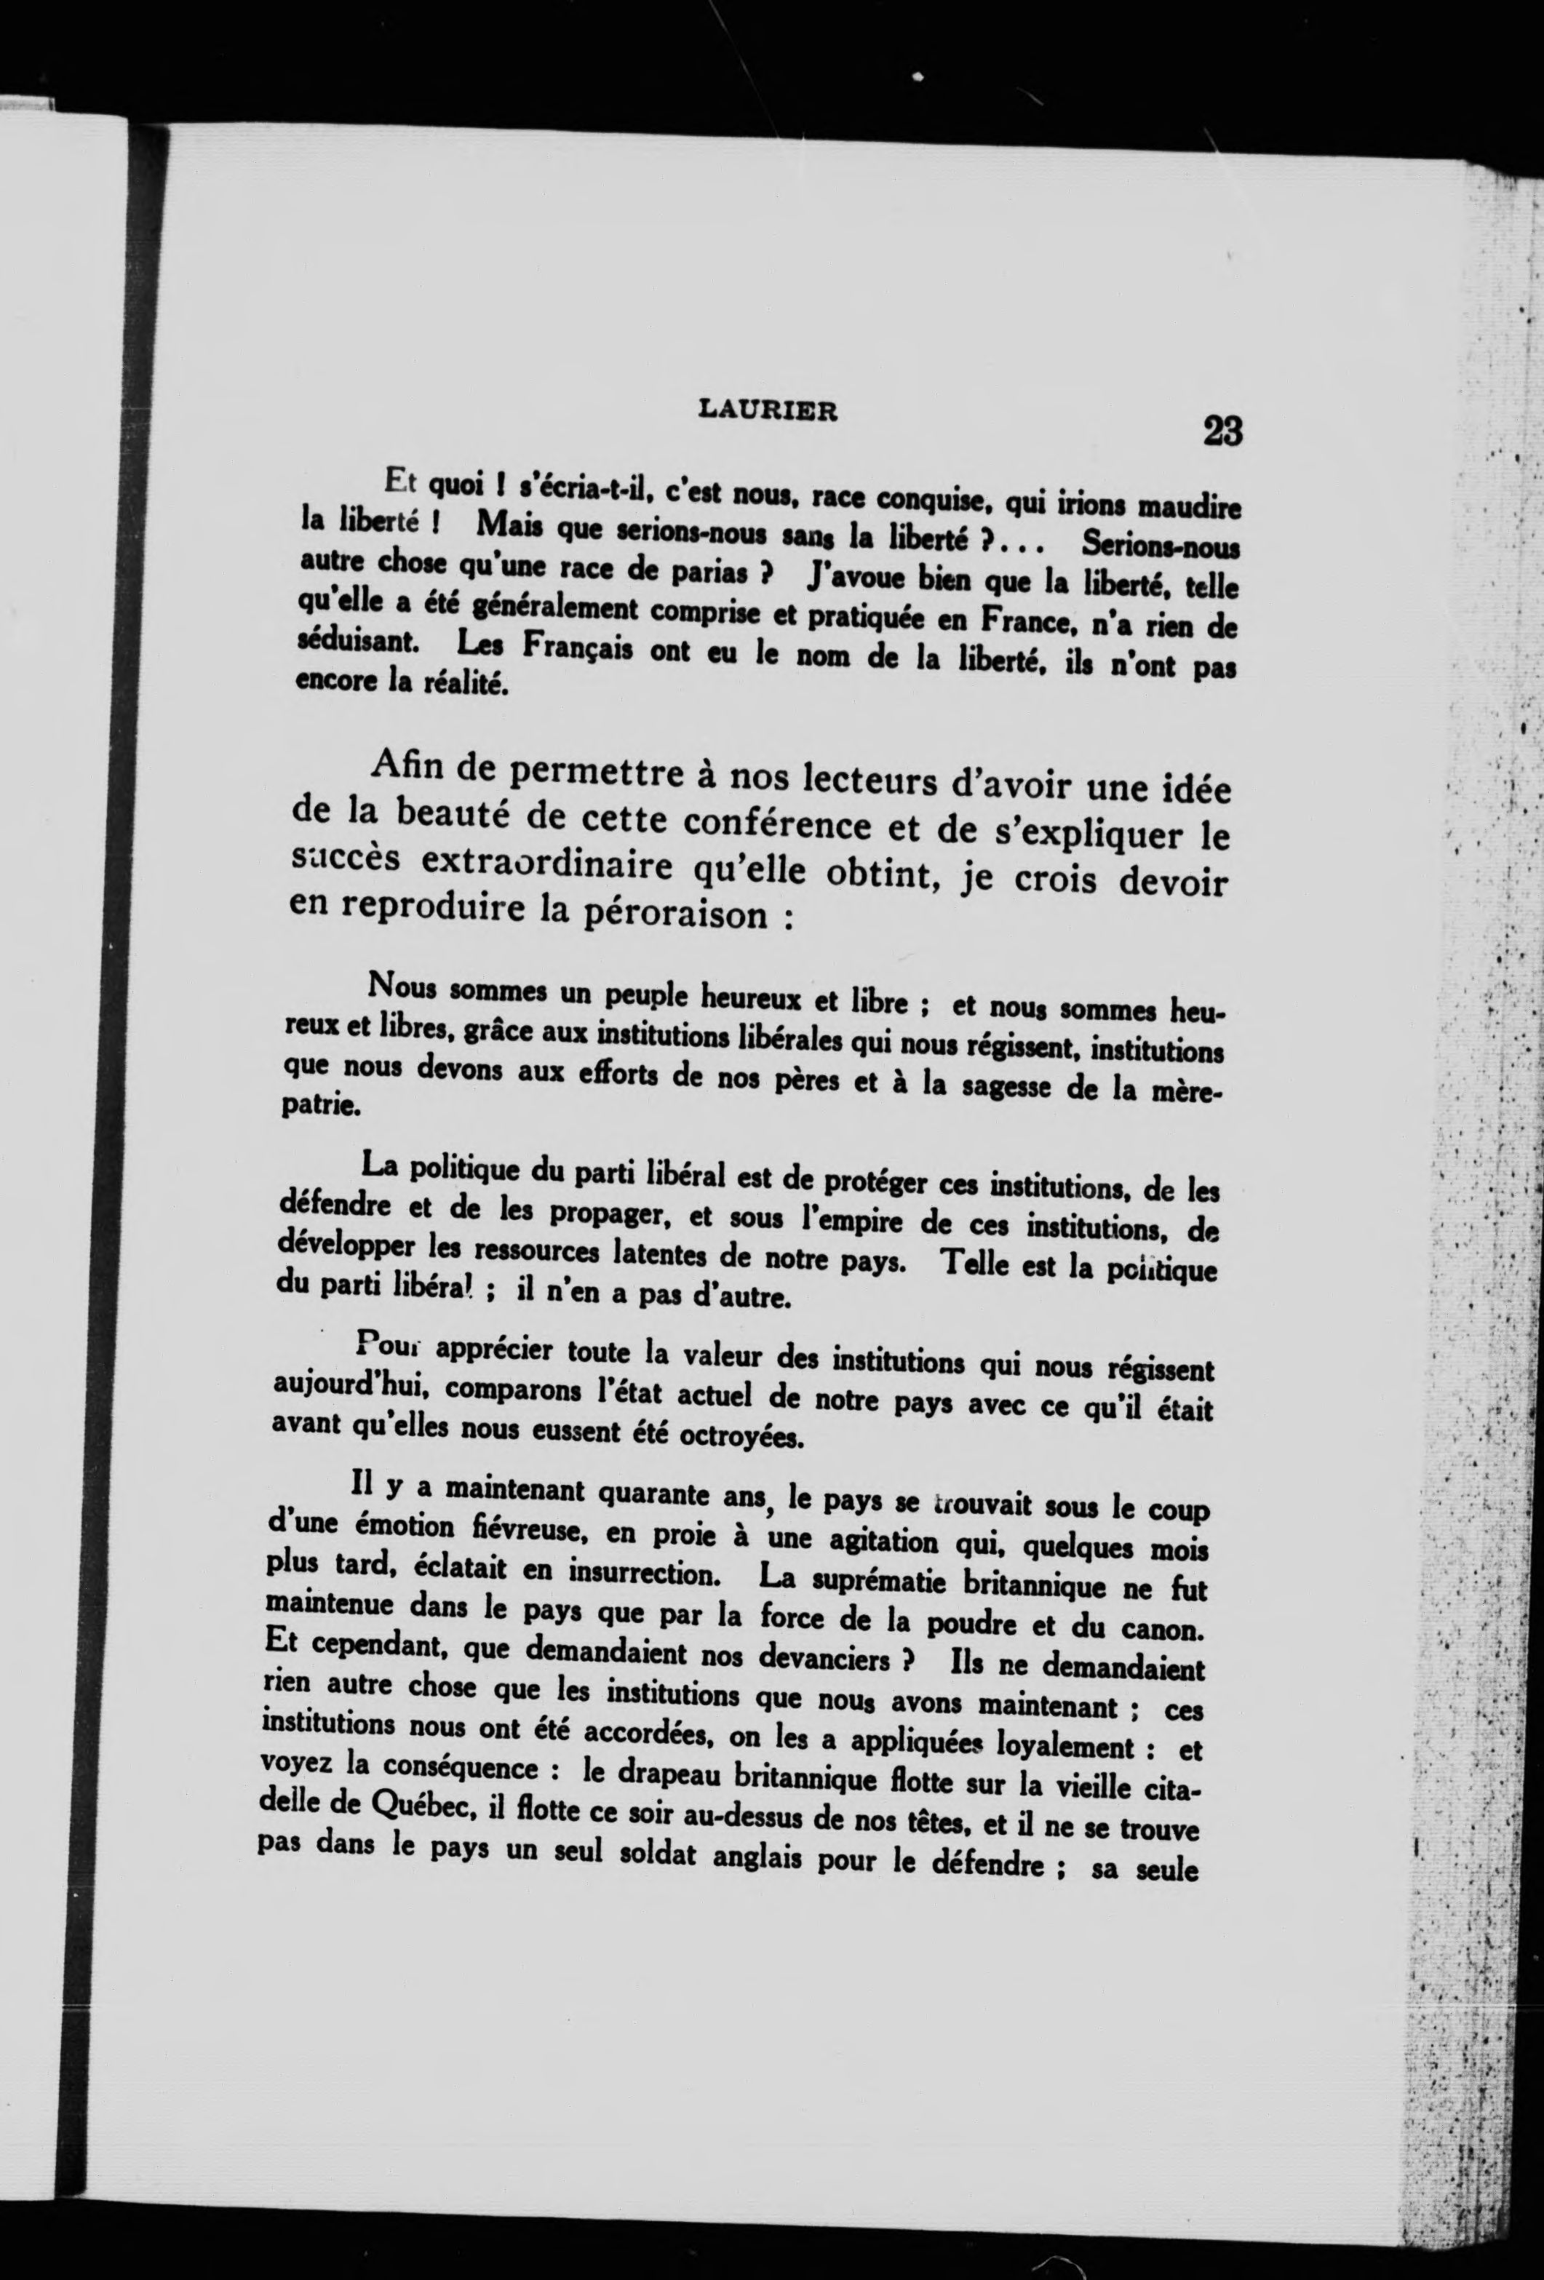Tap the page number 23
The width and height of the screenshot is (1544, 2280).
coord(1221,431)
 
